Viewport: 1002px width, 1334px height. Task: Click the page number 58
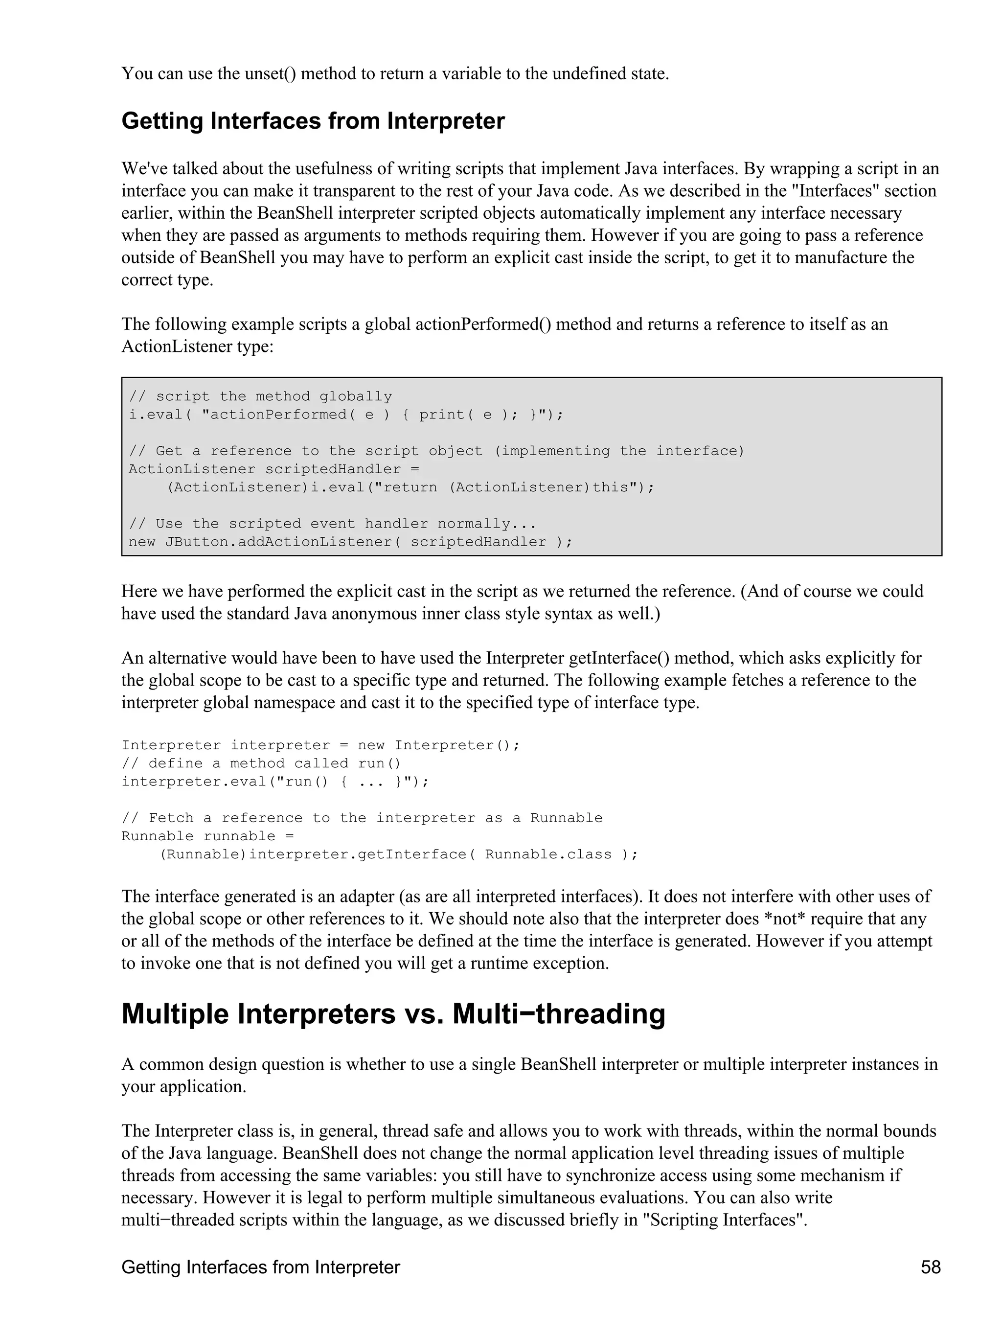click(x=930, y=1267)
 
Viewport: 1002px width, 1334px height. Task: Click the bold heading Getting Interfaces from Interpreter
click(x=313, y=121)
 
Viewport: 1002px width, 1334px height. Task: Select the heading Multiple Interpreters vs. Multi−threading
click(x=393, y=1014)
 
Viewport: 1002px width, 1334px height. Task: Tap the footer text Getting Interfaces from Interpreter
click(x=260, y=1267)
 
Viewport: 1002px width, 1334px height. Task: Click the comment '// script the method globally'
click(x=260, y=396)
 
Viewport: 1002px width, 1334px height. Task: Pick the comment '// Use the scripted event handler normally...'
click(x=332, y=524)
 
